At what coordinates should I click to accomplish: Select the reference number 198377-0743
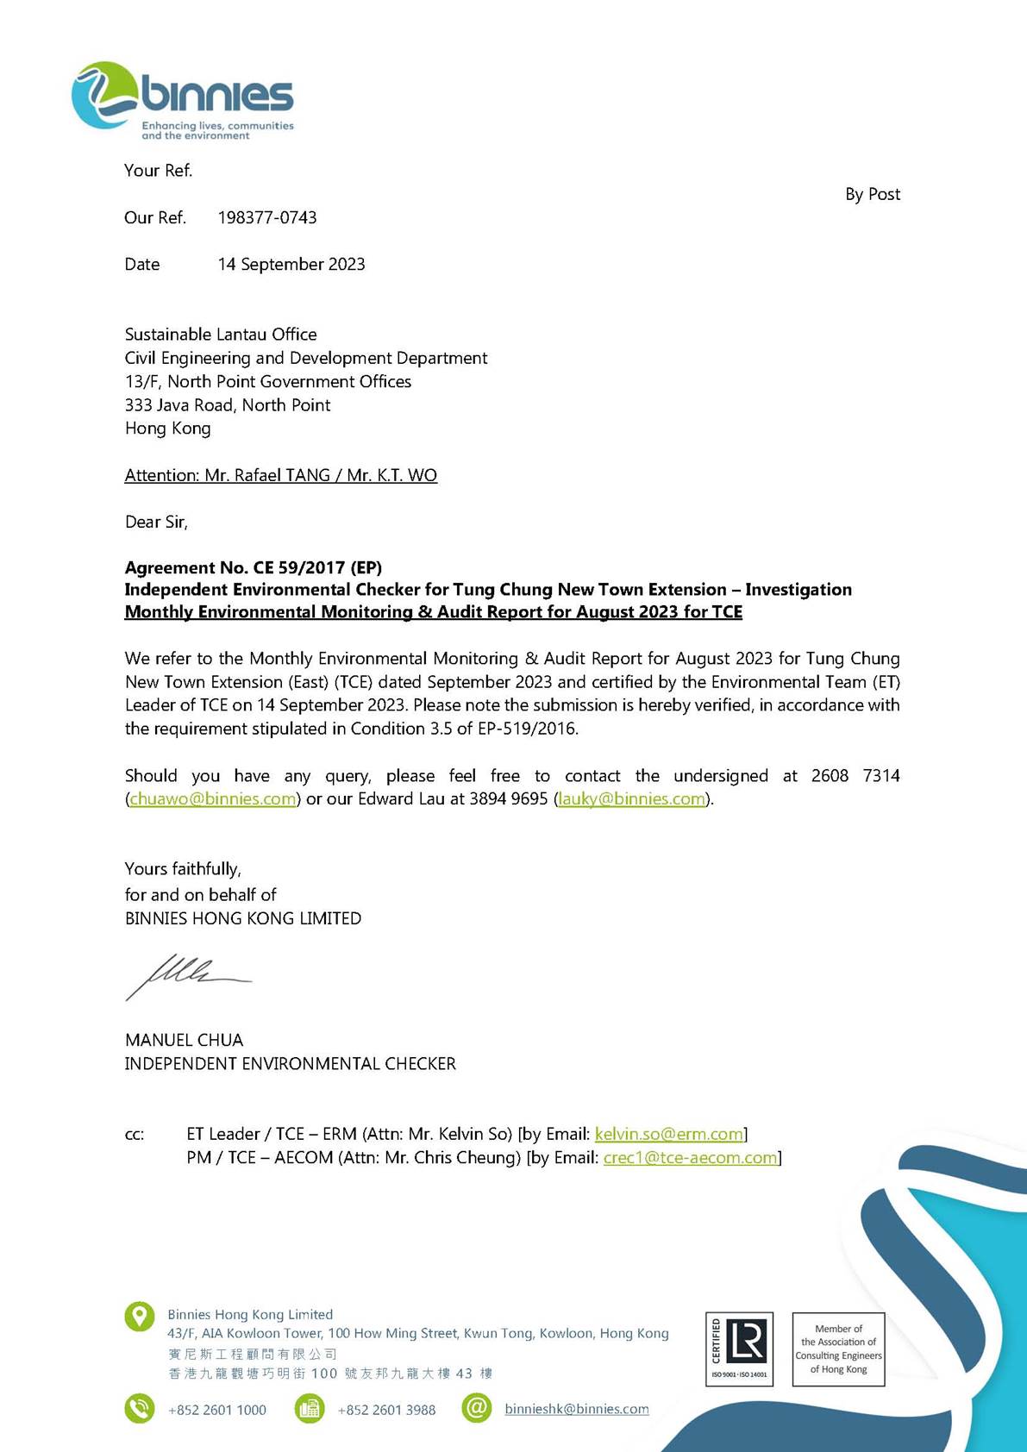point(267,218)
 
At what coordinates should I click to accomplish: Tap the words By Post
point(872,195)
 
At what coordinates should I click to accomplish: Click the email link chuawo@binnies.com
point(213,799)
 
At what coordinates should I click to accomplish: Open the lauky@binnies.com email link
point(632,799)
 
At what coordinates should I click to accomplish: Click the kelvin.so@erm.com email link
point(669,1135)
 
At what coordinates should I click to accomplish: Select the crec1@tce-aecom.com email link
point(691,1158)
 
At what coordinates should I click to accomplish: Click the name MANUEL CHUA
point(184,1041)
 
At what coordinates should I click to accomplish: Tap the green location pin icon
point(140,1317)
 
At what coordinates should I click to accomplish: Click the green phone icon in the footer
point(140,1409)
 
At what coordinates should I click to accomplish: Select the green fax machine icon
point(309,1409)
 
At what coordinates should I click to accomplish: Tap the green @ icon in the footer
point(476,1409)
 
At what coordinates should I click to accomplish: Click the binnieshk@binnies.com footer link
point(576,1410)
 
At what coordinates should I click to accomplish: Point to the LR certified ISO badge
point(739,1349)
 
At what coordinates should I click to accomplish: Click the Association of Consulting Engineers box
point(838,1349)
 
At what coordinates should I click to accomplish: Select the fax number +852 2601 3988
point(386,1411)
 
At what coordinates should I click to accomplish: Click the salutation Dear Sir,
point(156,523)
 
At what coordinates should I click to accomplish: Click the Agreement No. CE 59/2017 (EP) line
point(253,568)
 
